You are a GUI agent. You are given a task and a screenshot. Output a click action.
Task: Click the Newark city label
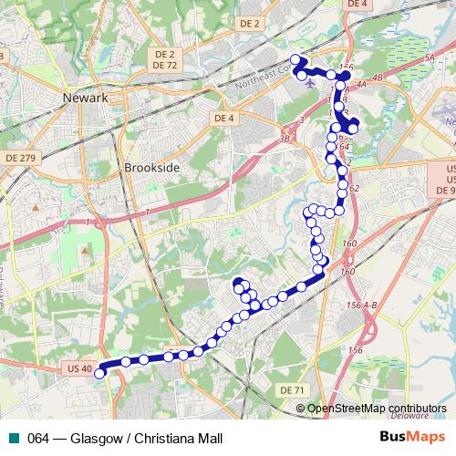click(86, 98)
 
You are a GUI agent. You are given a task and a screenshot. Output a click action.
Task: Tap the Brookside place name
click(148, 169)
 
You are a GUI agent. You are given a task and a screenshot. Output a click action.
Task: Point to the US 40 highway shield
click(79, 368)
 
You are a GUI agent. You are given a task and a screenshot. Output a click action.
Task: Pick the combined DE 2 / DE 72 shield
click(165, 60)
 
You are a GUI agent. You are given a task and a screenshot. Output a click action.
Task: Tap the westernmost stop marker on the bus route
click(99, 372)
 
